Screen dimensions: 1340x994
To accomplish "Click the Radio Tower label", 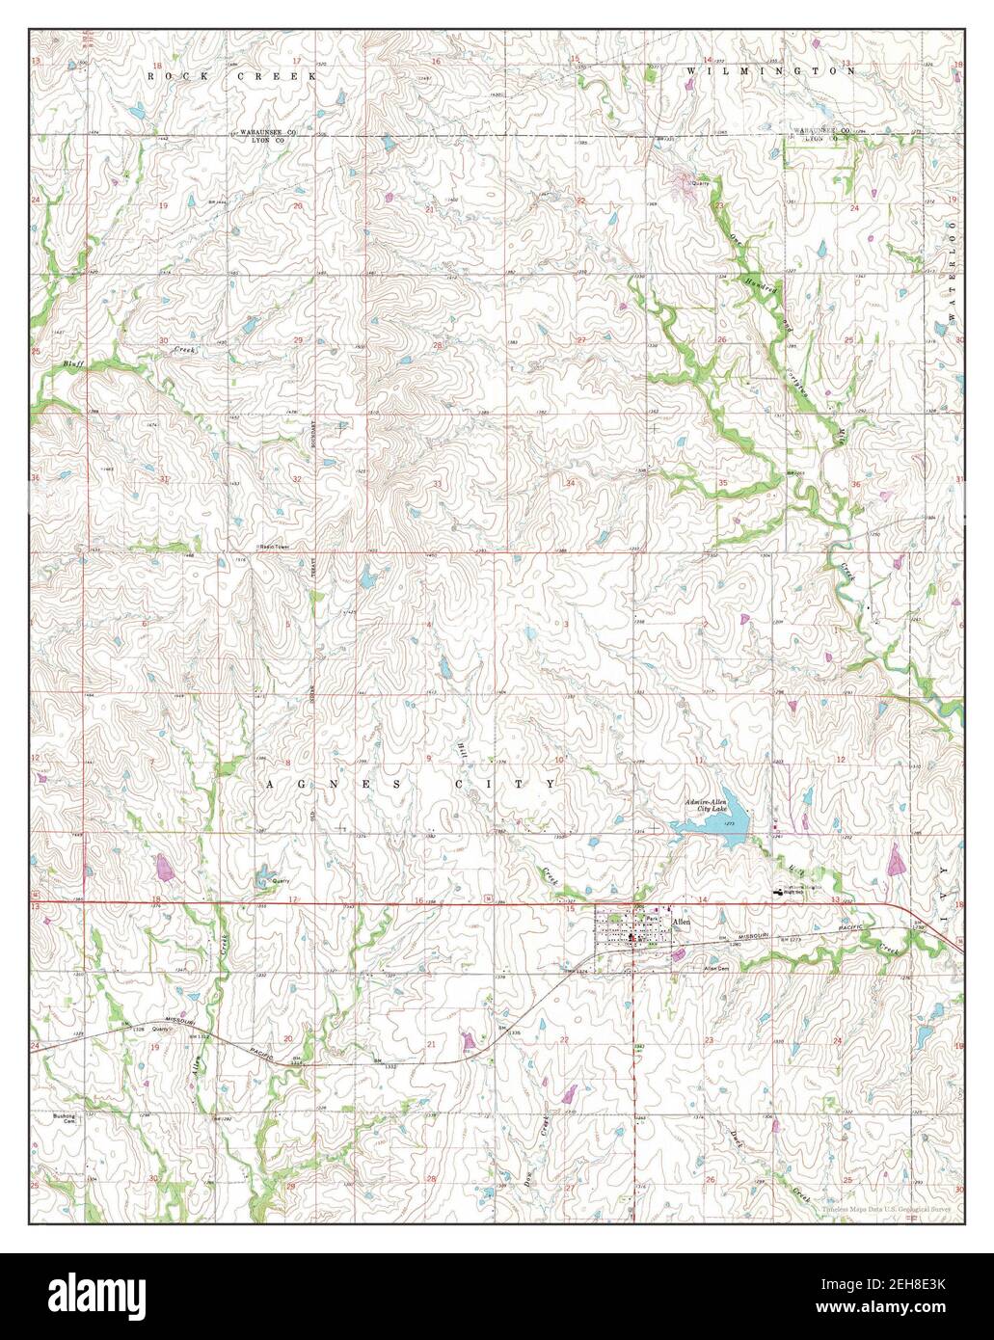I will pyautogui.click(x=274, y=547).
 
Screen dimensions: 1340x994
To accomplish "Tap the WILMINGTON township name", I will pyautogui.click(x=771, y=71).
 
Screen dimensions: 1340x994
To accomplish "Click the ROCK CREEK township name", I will pyautogui.click(x=231, y=74).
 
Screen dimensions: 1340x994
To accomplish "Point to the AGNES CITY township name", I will pyautogui.click(x=410, y=785).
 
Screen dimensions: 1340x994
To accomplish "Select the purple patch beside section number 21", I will pyautogui.click(x=469, y=1040).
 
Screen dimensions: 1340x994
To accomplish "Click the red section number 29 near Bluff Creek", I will pyautogui.click(x=298, y=341).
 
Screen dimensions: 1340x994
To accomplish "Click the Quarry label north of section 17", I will pyautogui.click(x=280, y=881).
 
